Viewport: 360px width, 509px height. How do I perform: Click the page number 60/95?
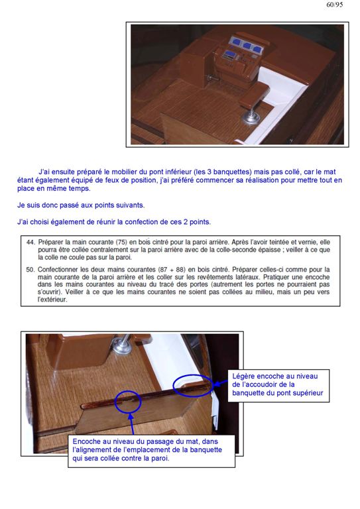tap(335, 5)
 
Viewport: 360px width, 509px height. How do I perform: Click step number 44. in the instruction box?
tap(30, 242)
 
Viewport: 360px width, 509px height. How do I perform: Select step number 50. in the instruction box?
tap(30, 270)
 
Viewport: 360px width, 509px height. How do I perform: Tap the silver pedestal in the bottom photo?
tap(123, 343)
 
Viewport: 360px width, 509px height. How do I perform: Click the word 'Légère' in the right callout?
tap(243, 376)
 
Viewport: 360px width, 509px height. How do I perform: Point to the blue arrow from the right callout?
tap(221, 383)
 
